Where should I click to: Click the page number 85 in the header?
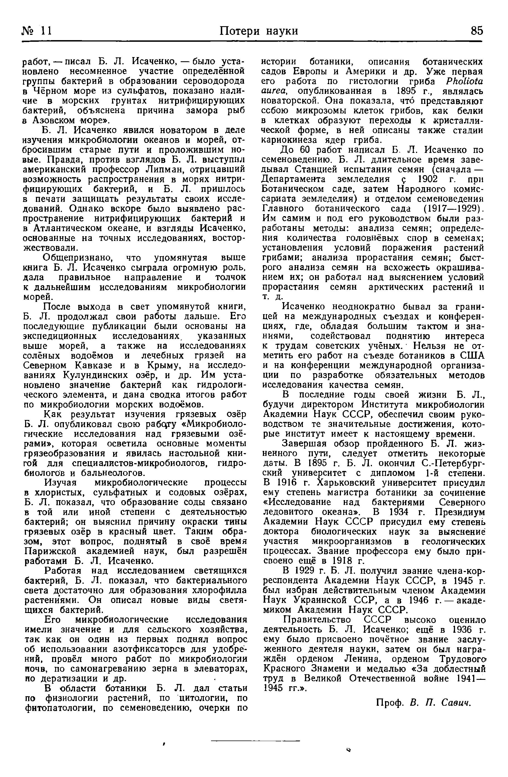476,31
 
